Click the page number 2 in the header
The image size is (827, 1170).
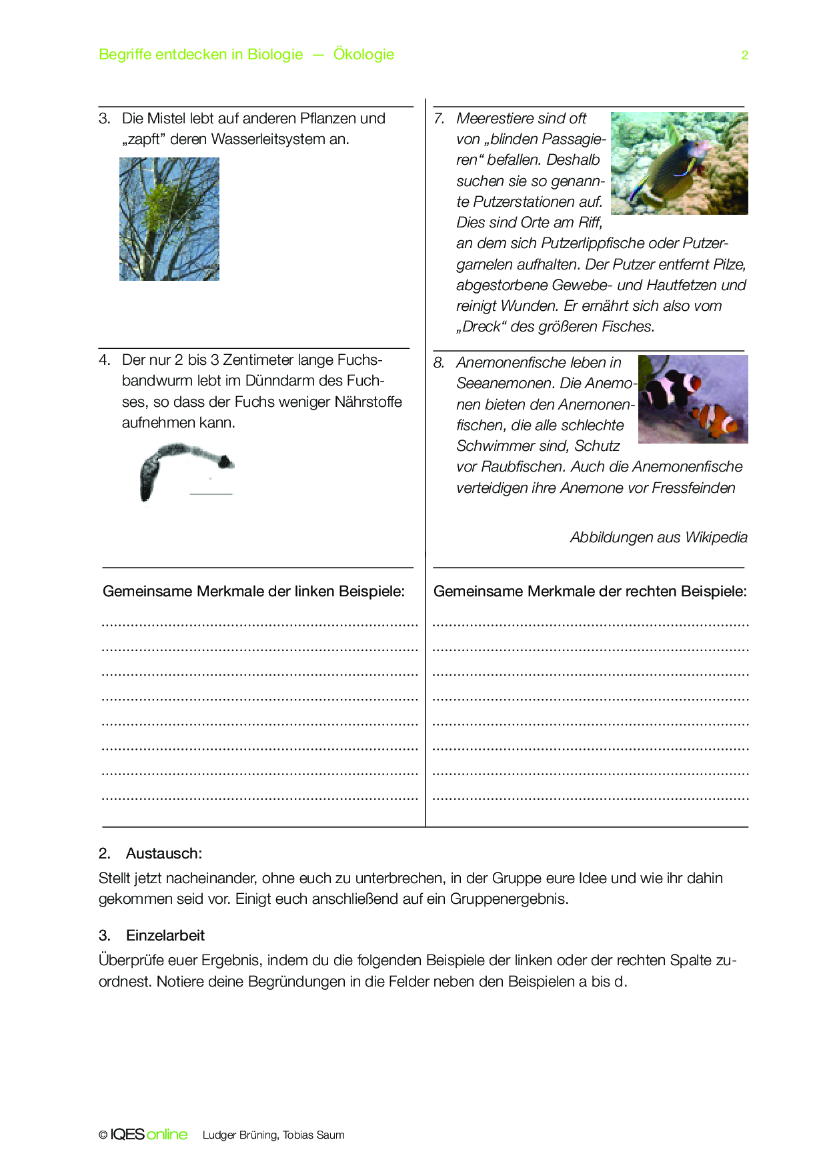point(744,55)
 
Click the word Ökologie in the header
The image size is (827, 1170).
point(363,54)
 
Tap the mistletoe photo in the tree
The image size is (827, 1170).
point(169,219)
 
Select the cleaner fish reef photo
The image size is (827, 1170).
point(679,163)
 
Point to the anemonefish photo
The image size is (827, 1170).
point(693,399)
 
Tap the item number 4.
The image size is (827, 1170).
point(104,360)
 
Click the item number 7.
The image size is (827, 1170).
point(438,119)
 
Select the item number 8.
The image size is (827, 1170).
point(438,363)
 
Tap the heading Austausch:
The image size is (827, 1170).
point(163,854)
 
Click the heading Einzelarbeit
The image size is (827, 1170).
point(165,936)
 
